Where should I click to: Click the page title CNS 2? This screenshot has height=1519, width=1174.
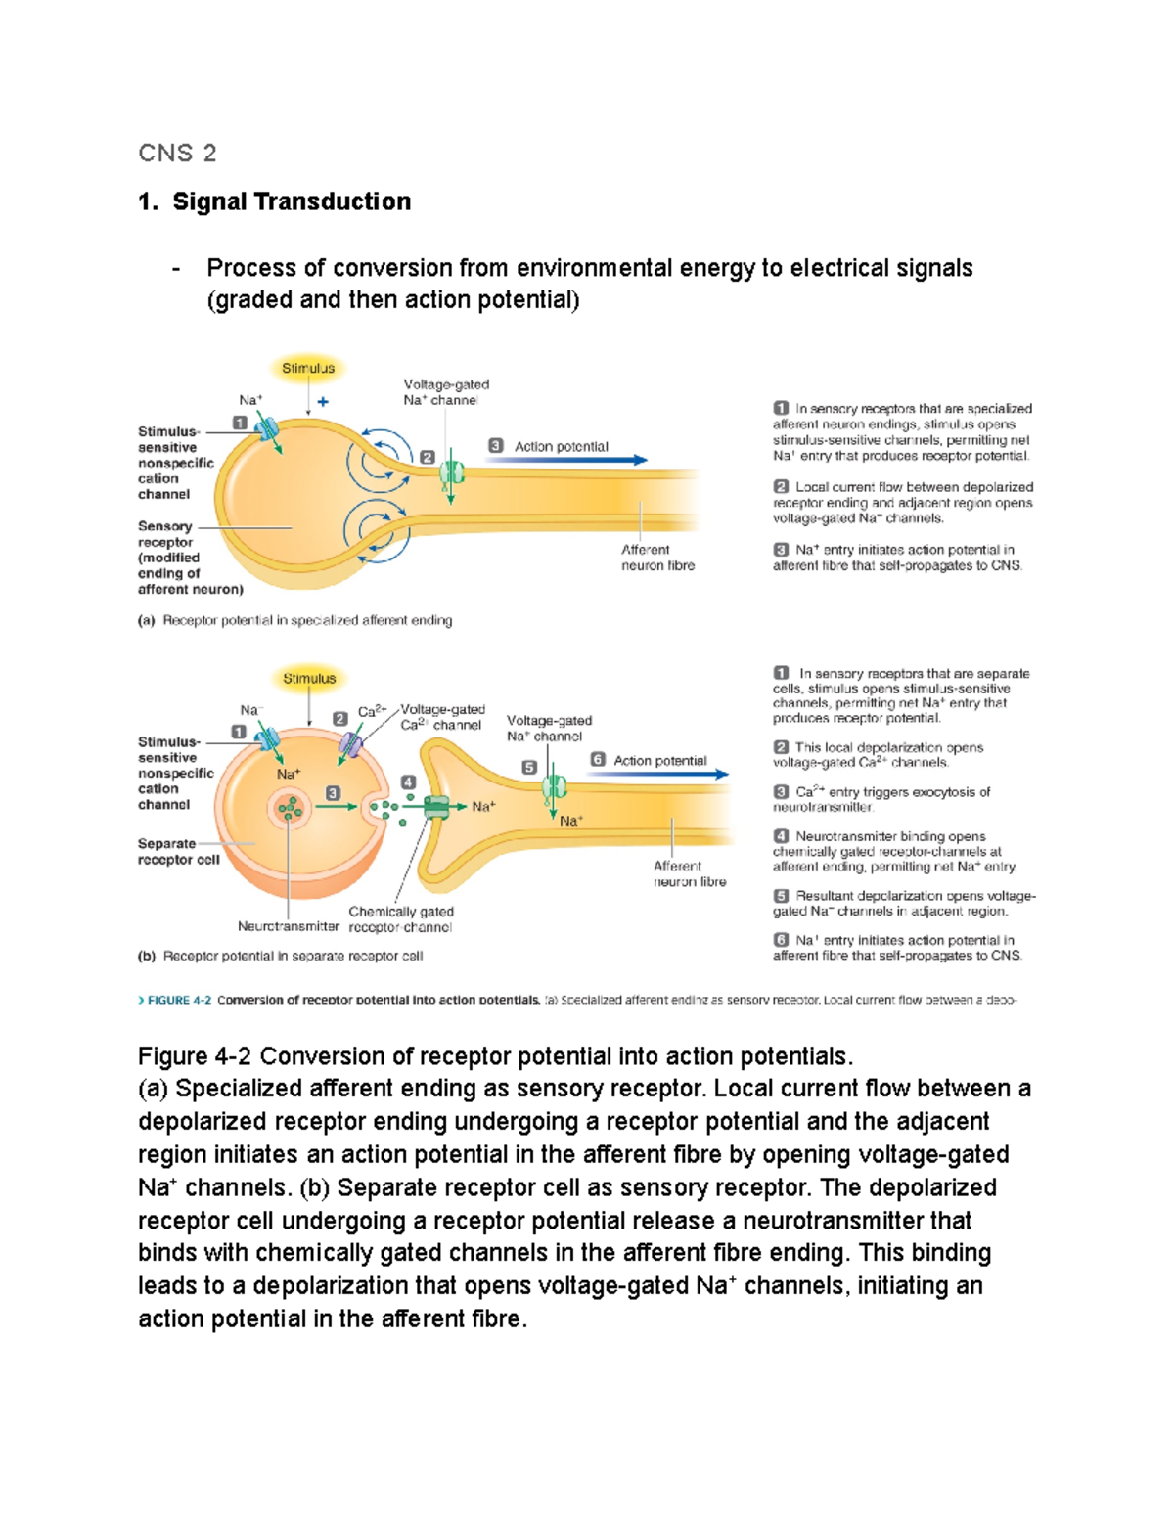177,153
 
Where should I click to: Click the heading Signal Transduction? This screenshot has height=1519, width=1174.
291,201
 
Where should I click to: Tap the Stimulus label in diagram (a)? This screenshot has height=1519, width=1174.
308,369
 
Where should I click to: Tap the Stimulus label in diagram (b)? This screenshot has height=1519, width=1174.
309,678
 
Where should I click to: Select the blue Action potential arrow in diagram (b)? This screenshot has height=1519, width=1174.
659,774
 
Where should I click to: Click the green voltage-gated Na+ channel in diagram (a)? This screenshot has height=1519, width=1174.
451,473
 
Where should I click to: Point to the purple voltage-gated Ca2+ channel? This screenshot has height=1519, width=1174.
350,745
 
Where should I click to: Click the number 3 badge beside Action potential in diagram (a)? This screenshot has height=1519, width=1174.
495,446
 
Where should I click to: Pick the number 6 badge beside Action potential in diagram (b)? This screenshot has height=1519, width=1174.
598,760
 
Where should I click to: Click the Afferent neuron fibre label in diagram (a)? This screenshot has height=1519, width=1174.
657,558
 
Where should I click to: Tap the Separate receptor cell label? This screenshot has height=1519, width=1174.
178,852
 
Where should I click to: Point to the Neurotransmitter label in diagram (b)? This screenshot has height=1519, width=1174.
288,926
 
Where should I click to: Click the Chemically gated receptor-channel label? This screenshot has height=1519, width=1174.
401,919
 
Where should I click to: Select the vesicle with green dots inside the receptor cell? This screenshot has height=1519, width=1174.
290,808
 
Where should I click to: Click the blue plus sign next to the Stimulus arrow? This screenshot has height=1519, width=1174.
323,401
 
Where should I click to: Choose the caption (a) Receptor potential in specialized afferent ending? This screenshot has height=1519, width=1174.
294,620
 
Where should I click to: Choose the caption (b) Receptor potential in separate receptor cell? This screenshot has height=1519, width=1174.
280,956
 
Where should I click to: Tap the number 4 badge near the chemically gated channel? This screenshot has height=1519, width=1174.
408,782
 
